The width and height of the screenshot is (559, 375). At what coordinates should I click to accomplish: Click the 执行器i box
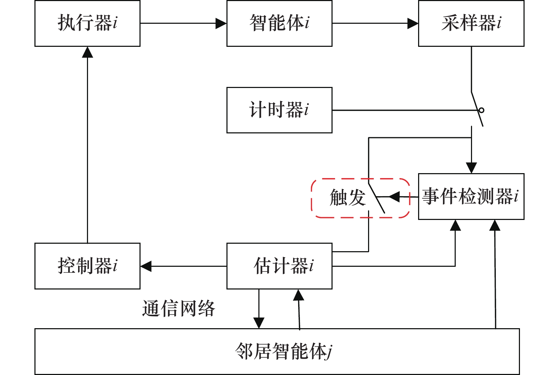(87, 23)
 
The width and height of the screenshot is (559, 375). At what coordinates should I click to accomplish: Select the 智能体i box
(279, 23)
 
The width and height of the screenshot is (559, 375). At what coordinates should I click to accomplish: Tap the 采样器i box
(471, 23)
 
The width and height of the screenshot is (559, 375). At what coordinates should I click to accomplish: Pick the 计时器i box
(279, 110)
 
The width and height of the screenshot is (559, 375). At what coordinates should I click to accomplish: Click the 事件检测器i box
(471, 197)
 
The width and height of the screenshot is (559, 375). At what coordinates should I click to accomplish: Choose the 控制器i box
(87, 266)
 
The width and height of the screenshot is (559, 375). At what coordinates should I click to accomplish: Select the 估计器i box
(279, 266)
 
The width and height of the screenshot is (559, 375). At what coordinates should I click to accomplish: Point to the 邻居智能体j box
(277, 352)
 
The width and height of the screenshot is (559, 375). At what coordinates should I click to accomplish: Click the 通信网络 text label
(179, 308)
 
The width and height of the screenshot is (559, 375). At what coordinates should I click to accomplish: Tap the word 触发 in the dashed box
(347, 198)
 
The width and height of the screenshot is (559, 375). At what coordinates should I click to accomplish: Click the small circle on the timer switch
(481, 110)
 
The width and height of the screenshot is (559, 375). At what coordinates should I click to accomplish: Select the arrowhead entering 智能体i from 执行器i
(221, 23)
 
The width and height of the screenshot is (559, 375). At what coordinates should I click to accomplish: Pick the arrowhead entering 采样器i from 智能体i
(413, 23)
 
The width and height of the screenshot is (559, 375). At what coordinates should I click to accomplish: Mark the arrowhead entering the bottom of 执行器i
(87, 52)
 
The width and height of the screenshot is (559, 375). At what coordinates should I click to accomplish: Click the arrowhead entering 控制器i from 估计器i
(146, 266)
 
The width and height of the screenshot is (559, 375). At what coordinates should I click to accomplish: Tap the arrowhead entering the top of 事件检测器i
(471, 167)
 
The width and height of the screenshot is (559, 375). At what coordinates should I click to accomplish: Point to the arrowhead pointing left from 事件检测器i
(394, 197)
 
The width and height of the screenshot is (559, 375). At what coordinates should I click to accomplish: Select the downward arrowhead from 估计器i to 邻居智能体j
(259, 322)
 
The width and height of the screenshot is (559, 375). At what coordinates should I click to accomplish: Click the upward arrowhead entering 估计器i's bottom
(299, 295)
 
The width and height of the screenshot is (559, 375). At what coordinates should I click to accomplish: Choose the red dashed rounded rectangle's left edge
(312, 198)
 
